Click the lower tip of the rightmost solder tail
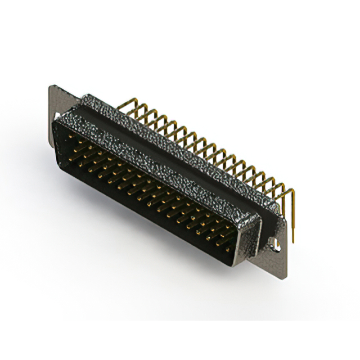pyautogui.click(x=292, y=240)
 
